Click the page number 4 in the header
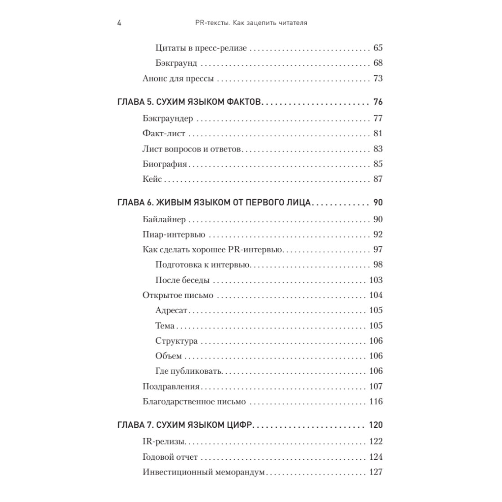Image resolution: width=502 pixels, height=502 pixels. (x=119, y=23)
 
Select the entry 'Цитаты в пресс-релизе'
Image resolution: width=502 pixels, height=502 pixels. (x=201, y=48)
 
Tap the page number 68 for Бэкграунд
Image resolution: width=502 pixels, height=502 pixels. (x=378, y=63)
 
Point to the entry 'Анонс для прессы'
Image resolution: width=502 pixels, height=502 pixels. (x=178, y=79)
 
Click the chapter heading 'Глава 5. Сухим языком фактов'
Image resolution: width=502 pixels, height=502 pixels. (x=189, y=102)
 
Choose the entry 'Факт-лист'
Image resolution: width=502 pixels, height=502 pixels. (x=164, y=134)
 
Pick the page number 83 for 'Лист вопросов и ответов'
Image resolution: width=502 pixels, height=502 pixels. (x=378, y=149)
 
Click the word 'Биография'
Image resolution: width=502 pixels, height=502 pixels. (x=165, y=164)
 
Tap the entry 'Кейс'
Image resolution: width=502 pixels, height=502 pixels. (x=152, y=179)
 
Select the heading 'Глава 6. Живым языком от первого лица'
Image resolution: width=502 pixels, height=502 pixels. (x=214, y=203)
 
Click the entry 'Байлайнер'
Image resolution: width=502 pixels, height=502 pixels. (x=164, y=220)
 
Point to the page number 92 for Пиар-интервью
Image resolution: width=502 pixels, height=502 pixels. (x=378, y=234)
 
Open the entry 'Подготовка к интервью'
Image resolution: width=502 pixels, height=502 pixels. (x=202, y=265)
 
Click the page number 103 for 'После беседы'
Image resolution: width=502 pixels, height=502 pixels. (x=376, y=280)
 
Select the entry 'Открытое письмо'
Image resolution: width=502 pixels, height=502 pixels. (x=178, y=296)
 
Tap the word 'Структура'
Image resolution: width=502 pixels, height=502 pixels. (x=176, y=341)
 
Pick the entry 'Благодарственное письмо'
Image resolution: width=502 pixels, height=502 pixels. (x=194, y=402)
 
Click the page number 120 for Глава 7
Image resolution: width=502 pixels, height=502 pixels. (x=376, y=425)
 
